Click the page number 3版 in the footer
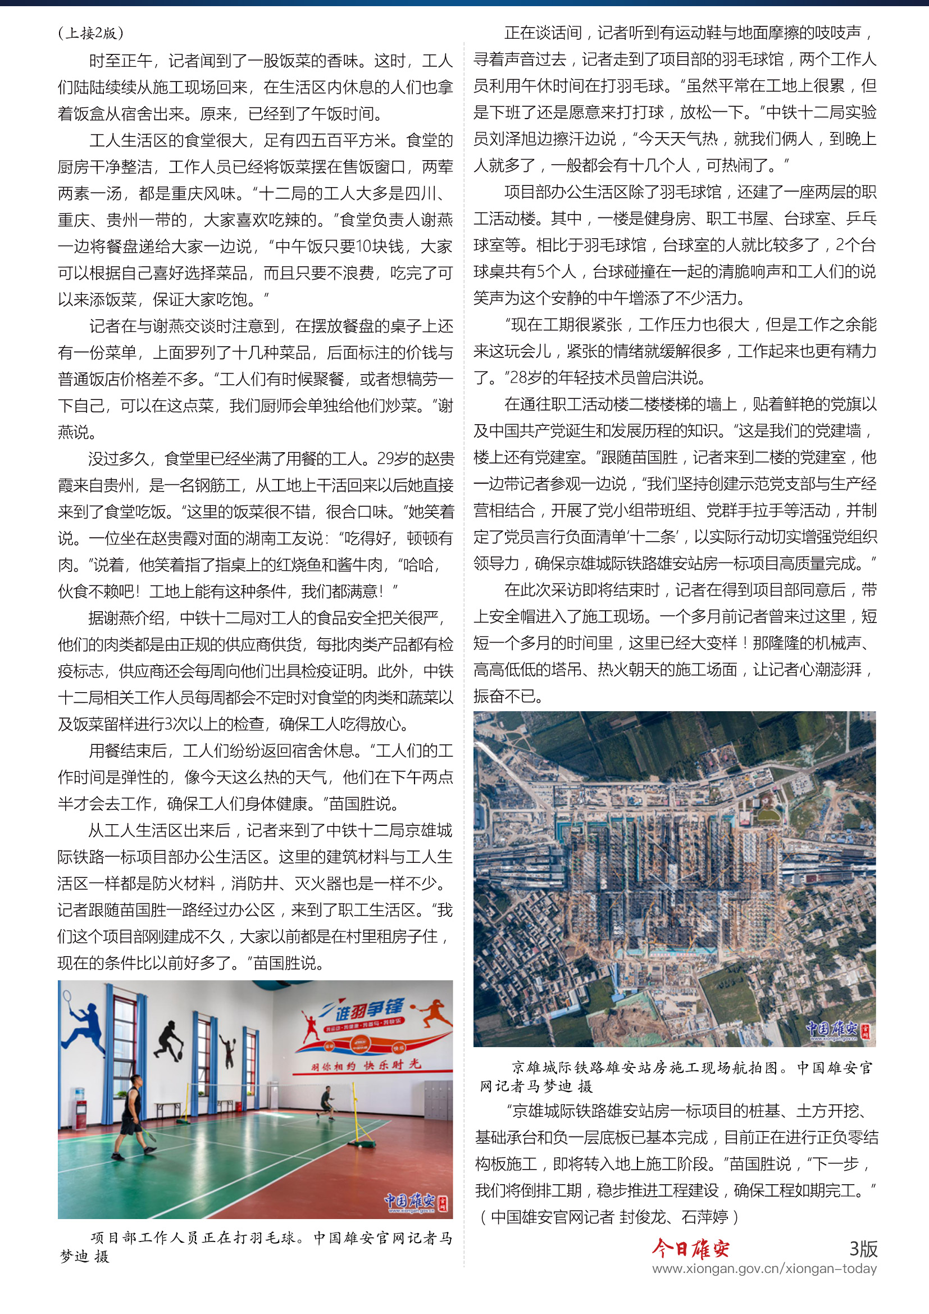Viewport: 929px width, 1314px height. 863,1248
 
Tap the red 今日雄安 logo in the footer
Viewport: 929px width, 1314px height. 691,1248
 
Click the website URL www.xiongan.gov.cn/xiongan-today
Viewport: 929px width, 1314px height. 764,1269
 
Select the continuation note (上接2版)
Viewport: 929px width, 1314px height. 90,33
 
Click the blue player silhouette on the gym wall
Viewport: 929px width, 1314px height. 85,1026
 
